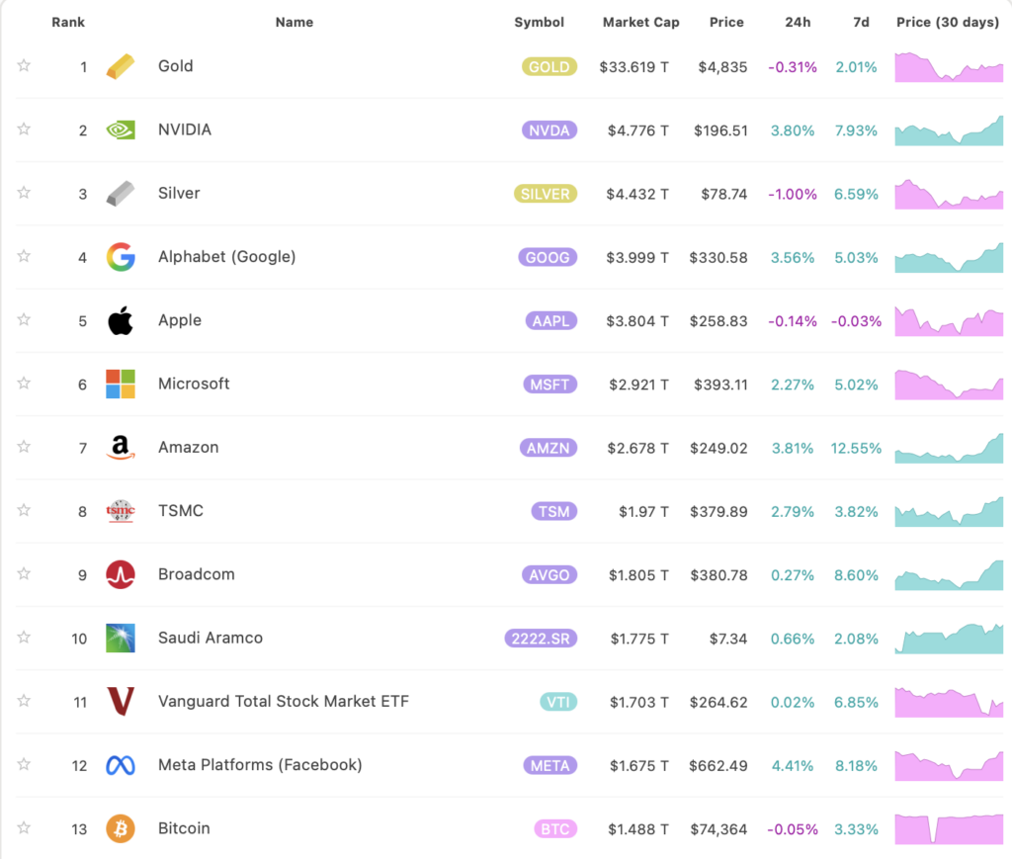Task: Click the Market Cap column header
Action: click(x=640, y=22)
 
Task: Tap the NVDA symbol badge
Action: click(x=548, y=130)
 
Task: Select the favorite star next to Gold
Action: click(x=24, y=66)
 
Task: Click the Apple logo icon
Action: click(x=121, y=320)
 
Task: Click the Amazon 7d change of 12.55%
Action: click(x=856, y=448)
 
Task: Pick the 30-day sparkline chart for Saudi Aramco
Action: click(x=949, y=639)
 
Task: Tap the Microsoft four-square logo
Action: click(x=121, y=385)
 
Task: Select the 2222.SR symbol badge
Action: click(x=541, y=639)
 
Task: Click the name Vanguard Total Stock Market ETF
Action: click(x=283, y=702)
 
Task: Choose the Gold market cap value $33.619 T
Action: click(x=633, y=67)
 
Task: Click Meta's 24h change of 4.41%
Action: click(x=793, y=766)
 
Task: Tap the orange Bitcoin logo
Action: click(x=121, y=828)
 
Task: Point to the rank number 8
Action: click(x=83, y=511)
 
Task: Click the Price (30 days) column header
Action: click(x=947, y=22)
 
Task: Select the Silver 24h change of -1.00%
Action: click(x=792, y=194)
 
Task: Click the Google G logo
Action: click(x=121, y=257)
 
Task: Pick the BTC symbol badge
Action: click(x=554, y=829)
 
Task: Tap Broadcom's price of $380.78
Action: click(x=720, y=575)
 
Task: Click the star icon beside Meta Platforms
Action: click(x=24, y=764)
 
